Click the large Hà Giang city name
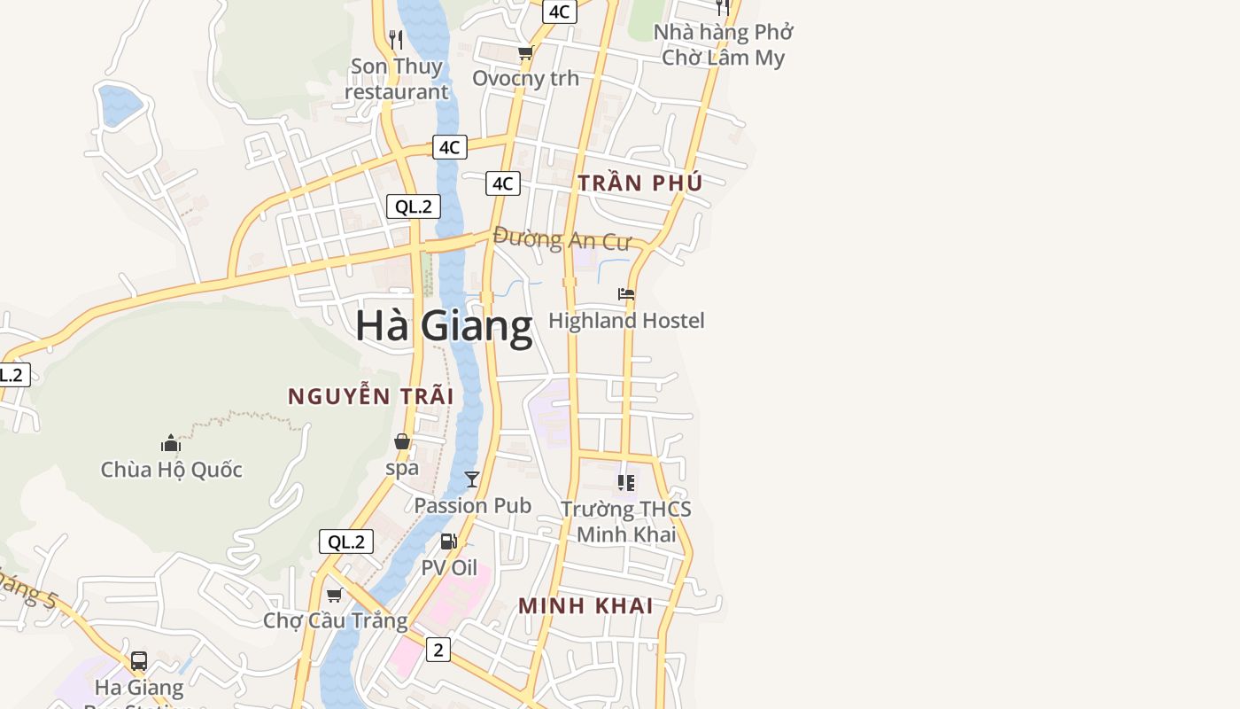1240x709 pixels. pyautogui.click(x=444, y=326)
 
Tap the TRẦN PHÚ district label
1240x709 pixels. pyautogui.click(x=639, y=183)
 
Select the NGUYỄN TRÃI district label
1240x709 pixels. pyautogui.click(x=370, y=396)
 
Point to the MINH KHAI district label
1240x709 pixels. pyautogui.click(x=585, y=606)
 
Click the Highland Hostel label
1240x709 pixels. pyautogui.click(x=626, y=321)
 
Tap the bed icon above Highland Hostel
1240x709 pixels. pyautogui.click(x=626, y=294)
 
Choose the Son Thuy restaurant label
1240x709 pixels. pyautogui.click(x=396, y=79)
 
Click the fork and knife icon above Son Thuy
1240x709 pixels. pyautogui.click(x=396, y=39)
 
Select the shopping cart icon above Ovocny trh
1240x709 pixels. pyautogui.click(x=525, y=53)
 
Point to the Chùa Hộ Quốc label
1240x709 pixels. pyautogui.click(x=171, y=470)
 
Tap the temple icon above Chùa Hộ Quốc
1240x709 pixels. pyautogui.click(x=171, y=443)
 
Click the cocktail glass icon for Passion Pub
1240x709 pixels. pyautogui.click(x=472, y=479)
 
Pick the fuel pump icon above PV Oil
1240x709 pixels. pyautogui.click(x=449, y=541)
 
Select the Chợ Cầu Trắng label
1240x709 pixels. pyautogui.click(x=335, y=620)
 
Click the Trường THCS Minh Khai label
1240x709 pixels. pyautogui.click(x=626, y=522)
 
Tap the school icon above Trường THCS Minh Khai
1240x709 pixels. pyautogui.click(x=626, y=483)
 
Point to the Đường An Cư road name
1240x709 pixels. pyautogui.click(x=562, y=239)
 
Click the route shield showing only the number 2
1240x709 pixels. pyautogui.click(x=438, y=650)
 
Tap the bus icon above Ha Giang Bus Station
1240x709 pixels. pyautogui.click(x=139, y=660)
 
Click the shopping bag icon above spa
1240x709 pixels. pyautogui.click(x=402, y=441)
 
